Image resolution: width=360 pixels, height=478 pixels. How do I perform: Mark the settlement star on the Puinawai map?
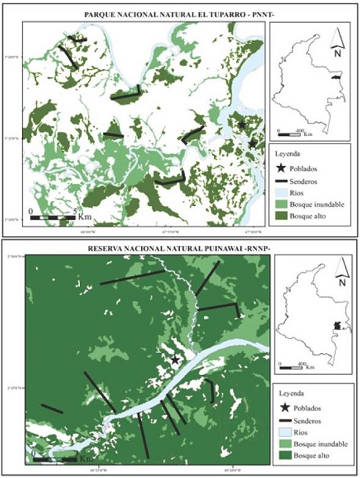click(176, 360)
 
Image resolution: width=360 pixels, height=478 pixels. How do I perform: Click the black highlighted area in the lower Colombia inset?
click(336, 325)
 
